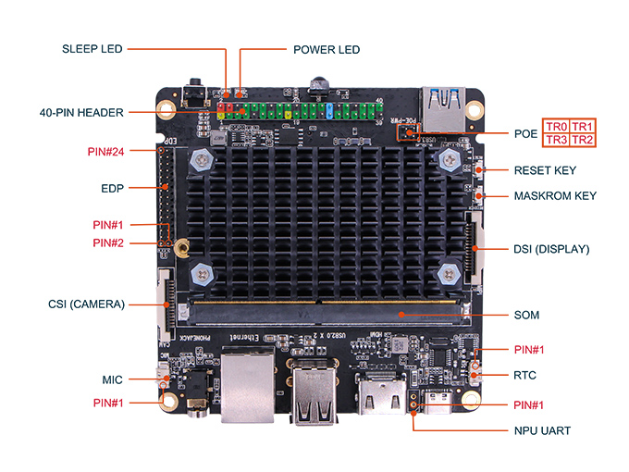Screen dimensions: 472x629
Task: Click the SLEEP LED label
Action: click(92, 48)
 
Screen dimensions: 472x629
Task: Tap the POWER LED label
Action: click(326, 49)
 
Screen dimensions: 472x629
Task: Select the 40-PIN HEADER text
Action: click(81, 113)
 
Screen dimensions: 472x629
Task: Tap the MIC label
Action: click(113, 379)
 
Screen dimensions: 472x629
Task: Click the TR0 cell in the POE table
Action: click(556, 127)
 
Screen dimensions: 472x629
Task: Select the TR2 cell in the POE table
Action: click(583, 140)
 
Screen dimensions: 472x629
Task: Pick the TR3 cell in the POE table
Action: click(556, 140)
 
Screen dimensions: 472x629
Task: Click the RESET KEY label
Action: click(545, 170)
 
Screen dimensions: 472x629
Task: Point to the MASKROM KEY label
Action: click(555, 196)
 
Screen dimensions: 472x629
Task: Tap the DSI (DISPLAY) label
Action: click(551, 249)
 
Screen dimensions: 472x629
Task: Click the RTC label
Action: click(525, 376)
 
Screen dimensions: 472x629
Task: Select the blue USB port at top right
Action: click(445, 105)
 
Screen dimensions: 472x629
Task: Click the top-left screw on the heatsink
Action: click(202, 161)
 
